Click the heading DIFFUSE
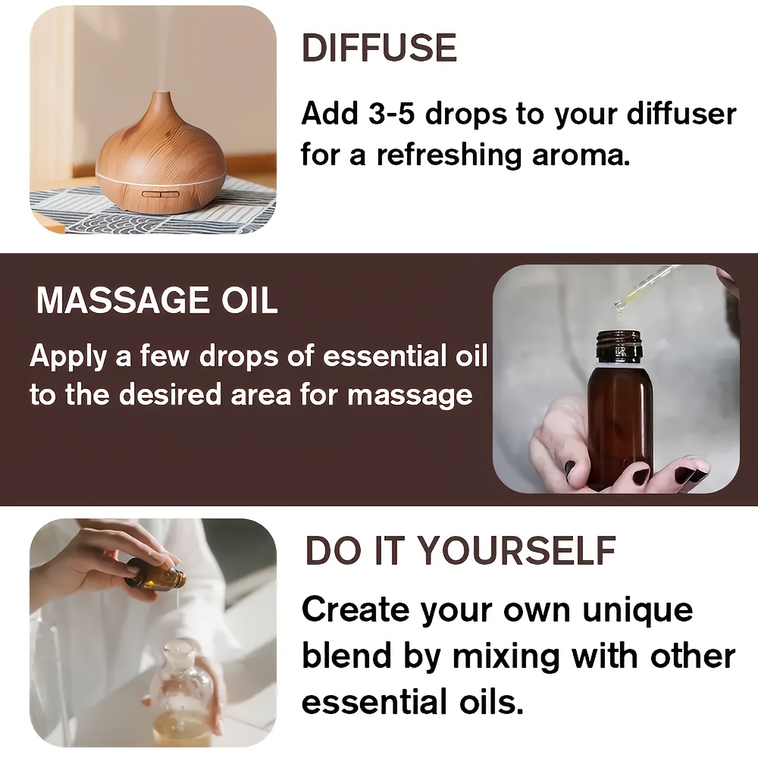379,48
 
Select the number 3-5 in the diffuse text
391,114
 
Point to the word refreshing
449,155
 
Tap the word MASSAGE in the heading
124,301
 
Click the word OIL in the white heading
249,301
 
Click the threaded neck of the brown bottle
619,345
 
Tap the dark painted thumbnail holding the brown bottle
571,468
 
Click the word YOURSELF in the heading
517,550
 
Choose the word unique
637,610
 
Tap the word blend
346,656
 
